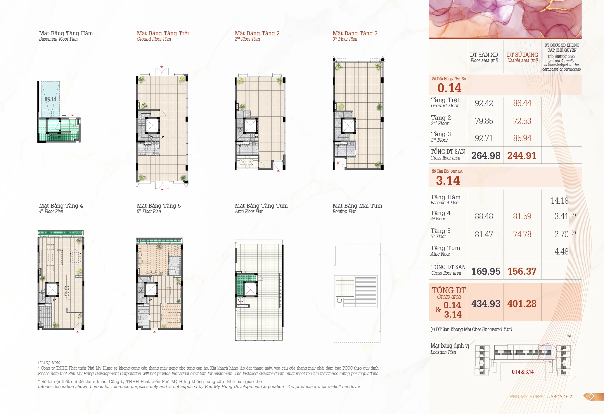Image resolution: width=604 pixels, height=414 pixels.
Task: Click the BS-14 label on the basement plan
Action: pos(50,99)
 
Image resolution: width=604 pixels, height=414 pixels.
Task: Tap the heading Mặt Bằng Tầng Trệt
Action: pos(163,33)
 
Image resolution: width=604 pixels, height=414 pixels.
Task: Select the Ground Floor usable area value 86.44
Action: pos(522,103)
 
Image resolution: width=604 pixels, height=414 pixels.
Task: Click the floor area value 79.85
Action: pos(484,121)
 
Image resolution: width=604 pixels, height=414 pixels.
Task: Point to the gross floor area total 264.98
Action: pos(486,155)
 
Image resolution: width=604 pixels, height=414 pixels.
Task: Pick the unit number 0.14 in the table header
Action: pos(449,88)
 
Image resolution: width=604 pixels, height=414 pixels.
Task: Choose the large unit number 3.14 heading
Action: pos(448,181)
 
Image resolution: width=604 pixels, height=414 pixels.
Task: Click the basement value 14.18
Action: pos(560,201)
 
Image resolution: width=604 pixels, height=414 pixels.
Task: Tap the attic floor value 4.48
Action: pos(561,252)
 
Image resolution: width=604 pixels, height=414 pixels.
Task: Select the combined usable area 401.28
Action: pos(522,304)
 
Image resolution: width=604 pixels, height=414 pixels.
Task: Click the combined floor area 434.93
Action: pos(486,304)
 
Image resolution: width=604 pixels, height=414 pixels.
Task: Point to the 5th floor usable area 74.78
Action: pos(522,234)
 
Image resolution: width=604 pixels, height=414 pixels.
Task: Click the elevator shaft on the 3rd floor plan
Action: pos(349,126)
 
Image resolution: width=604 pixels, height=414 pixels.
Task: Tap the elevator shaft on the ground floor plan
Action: pos(152,126)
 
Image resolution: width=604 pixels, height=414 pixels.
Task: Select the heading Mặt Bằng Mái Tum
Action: pos(357,206)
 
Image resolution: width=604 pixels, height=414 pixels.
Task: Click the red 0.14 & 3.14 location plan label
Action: pos(523,372)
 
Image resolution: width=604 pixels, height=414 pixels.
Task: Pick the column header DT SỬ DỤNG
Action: pos(522,55)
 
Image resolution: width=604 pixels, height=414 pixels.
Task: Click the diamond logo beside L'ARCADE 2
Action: pos(589,397)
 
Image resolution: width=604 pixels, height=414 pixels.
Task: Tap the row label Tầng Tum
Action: pos(445,248)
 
